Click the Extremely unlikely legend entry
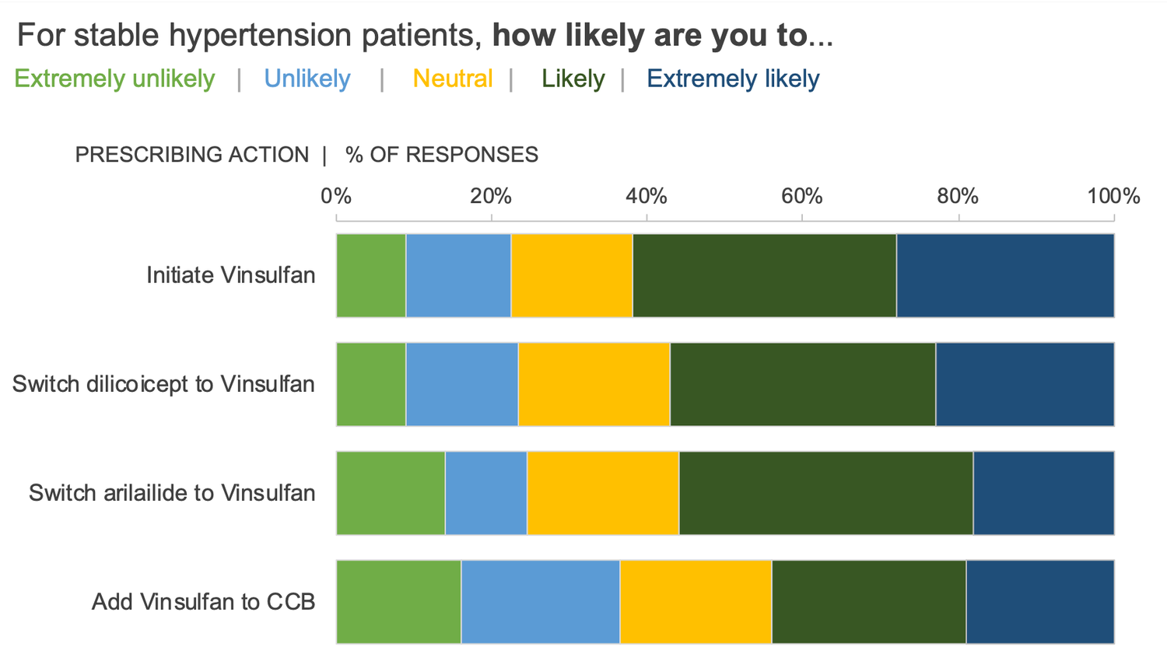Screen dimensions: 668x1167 click(x=114, y=79)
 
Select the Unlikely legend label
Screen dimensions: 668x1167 click(x=307, y=79)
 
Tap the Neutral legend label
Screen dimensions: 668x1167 click(x=452, y=79)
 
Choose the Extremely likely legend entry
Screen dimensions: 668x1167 click(x=733, y=79)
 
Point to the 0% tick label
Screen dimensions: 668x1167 click(x=336, y=196)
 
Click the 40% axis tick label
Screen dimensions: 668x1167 click(x=647, y=196)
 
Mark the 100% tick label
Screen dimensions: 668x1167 click(x=1113, y=196)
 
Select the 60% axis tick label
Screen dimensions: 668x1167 click(x=802, y=196)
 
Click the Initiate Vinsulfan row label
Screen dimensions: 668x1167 click(x=231, y=275)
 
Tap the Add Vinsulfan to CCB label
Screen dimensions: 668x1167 click(x=204, y=602)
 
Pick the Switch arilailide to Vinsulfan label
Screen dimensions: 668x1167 click(x=172, y=493)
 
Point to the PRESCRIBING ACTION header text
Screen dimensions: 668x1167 click(x=192, y=155)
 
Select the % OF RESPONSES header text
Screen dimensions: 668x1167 click(x=442, y=155)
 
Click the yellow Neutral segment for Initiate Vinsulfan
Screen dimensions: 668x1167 click(x=572, y=275)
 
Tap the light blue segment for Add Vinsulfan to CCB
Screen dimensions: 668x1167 click(x=541, y=602)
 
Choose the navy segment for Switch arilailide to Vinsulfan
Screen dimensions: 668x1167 click(x=1043, y=493)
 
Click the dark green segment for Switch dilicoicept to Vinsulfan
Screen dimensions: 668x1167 click(x=803, y=384)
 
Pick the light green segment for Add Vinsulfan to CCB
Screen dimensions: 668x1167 click(x=398, y=602)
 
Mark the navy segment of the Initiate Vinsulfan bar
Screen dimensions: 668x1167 click(x=1005, y=275)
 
